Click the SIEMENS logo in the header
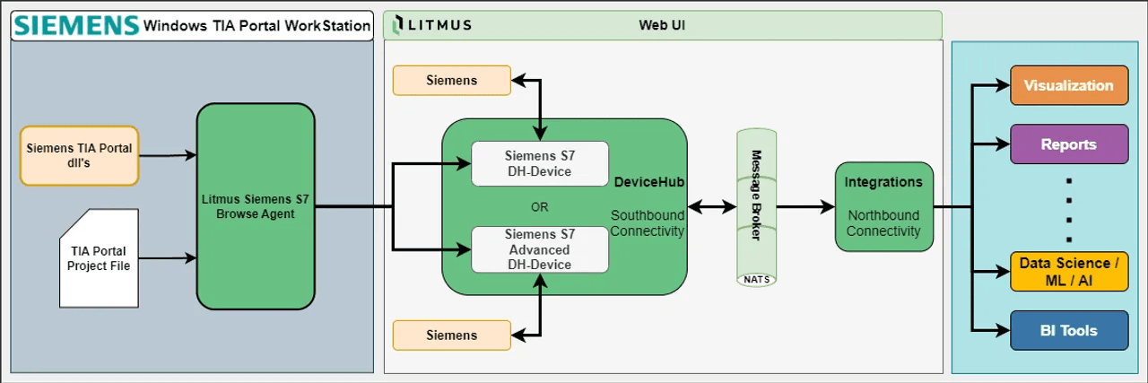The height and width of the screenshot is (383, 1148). [x=77, y=25]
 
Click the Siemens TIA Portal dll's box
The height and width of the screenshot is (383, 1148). [x=80, y=155]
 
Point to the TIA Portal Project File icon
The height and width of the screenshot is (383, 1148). [x=100, y=257]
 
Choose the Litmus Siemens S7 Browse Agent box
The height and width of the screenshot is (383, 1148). [x=256, y=206]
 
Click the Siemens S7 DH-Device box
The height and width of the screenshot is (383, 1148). [x=540, y=163]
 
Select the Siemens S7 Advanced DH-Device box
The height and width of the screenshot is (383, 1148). [x=540, y=249]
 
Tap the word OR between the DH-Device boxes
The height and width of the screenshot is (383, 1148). [x=540, y=207]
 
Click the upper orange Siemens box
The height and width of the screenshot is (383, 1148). [x=452, y=81]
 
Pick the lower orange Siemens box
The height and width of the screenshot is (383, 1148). [x=452, y=335]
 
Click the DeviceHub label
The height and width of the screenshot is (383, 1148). [x=648, y=182]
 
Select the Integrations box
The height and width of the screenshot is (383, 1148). [x=883, y=206]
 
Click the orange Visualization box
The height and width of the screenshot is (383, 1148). [x=1069, y=86]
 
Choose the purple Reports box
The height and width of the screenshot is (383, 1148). [x=1069, y=144]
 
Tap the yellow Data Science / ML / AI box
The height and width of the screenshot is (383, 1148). [x=1069, y=272]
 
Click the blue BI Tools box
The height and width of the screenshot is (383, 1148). [x=1069, y=330]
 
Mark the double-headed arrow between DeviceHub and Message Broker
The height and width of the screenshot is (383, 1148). [x=713, y=207]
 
